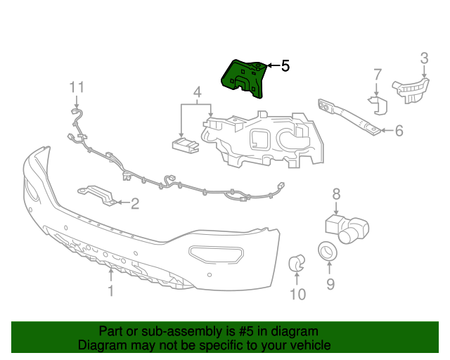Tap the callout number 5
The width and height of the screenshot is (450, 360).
click(285, 66)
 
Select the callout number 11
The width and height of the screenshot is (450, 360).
click(77, 87)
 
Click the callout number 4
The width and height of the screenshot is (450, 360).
click(197, 92)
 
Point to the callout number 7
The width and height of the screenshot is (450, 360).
click(377, 74)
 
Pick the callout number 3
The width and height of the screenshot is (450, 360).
click(424, 58)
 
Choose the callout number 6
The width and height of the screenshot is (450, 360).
click(399, 130)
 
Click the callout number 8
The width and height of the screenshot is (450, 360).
click(336, 193)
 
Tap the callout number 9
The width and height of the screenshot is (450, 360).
click(330, 284)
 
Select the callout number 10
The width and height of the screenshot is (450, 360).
click(298, 295)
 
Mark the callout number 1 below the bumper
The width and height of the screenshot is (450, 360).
click(110, 290)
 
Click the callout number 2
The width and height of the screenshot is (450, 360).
click(135, 204)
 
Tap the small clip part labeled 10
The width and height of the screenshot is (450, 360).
click(297, 264)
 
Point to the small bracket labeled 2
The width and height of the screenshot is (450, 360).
click(99, 195)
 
